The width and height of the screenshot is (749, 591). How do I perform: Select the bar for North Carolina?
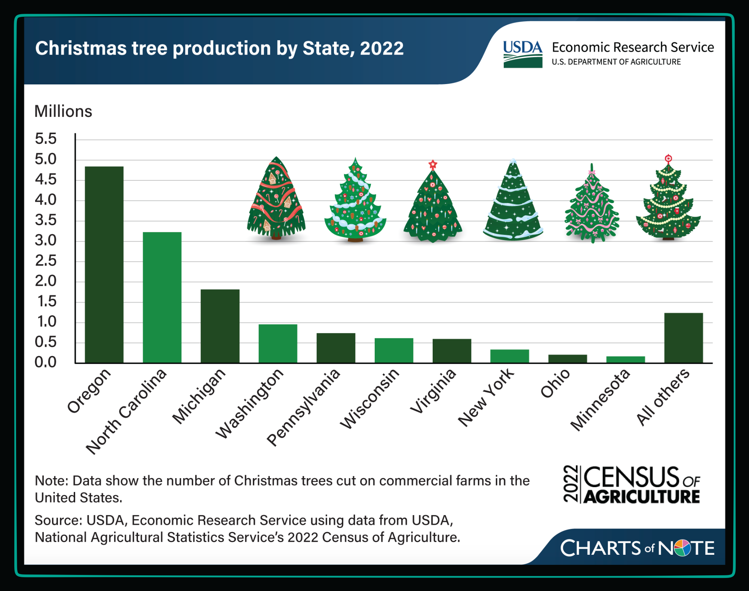click(162, 297)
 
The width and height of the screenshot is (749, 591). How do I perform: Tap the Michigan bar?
click(220, 326)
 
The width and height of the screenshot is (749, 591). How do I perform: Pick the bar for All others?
click(683, 338)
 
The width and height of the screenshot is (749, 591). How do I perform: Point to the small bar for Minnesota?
click(625, 359)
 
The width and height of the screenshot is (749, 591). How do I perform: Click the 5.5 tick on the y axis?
click(45, 139)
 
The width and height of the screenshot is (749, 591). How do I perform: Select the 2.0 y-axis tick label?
click(45, 281)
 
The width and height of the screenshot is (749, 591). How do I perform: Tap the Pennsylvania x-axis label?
click(304, 407)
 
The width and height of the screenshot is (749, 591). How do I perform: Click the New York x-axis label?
click(486, 397)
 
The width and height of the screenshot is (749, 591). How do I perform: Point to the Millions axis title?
click(63, 111)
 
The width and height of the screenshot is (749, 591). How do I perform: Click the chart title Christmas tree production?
click(219, 48)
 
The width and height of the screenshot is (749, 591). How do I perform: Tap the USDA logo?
click(522, 55)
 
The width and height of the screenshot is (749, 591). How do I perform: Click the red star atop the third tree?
click(433, 164)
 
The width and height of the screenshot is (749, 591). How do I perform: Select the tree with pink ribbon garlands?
click(592, 205)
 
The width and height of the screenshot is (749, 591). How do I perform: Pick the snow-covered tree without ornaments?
click(513, 202)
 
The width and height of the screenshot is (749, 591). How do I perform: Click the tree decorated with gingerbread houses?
click(276, 200)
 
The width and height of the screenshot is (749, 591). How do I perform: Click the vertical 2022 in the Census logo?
click(571, 484)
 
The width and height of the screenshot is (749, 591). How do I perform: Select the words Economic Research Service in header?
click(632, 47)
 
